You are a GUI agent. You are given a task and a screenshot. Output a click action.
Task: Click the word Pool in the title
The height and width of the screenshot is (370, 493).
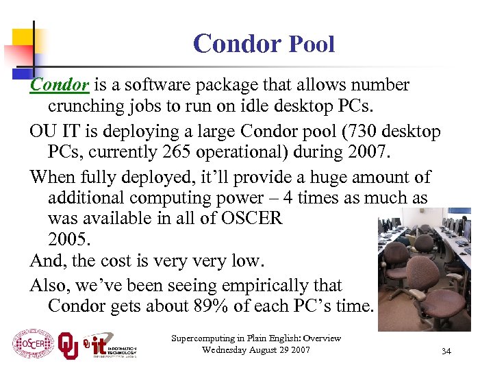312,45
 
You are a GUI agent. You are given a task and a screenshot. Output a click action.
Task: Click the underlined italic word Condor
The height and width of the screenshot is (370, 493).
60,85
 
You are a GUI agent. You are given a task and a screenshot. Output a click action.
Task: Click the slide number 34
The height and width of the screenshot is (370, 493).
446,351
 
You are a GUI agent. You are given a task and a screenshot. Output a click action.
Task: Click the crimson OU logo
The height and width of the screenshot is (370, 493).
68,345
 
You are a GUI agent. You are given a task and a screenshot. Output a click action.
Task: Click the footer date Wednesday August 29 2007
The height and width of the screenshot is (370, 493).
256,350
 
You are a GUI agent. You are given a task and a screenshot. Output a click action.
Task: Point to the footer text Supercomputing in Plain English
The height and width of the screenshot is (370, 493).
256,338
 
